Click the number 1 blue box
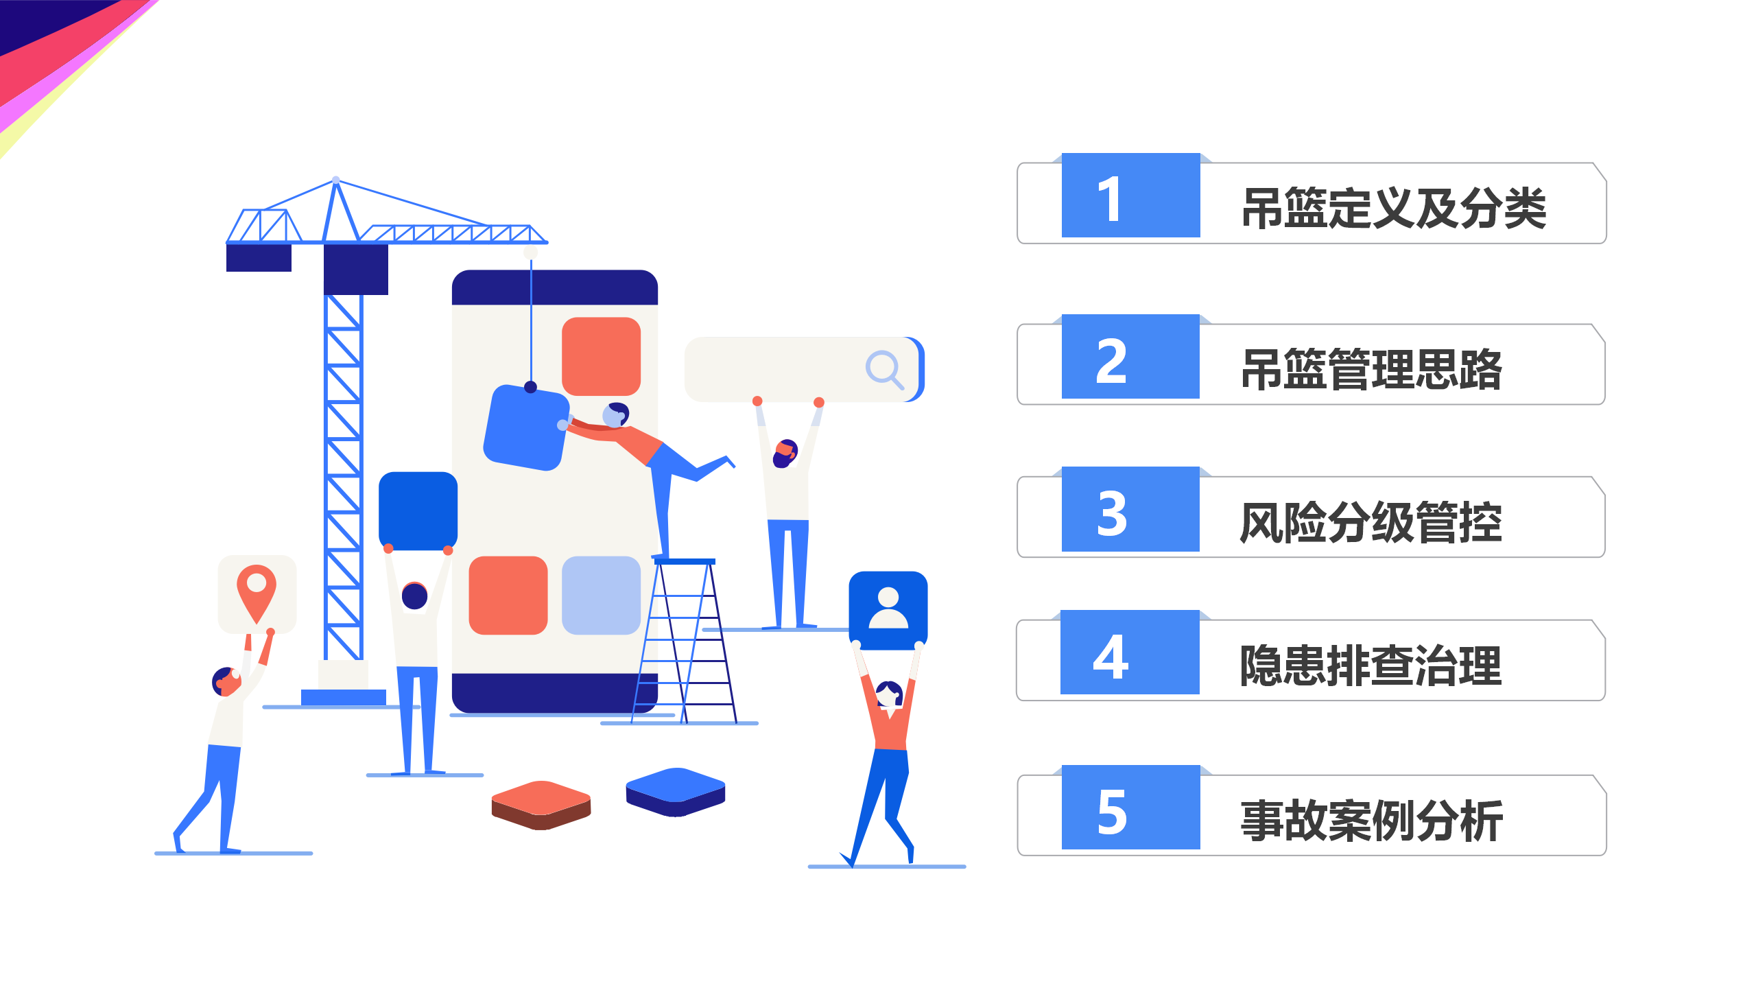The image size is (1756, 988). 1130,196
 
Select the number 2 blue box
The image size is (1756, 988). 1130,357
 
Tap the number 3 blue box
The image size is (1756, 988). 1130,509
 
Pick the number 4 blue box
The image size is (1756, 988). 1130,652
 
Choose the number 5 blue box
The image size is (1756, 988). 1130,808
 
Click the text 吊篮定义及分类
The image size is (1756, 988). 1394,208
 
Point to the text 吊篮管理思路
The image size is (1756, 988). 1372,369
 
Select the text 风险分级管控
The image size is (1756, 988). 1372,522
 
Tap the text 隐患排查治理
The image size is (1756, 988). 1372,666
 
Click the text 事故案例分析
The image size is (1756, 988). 1372,821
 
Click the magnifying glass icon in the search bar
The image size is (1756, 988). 884,369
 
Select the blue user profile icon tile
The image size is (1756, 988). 888,610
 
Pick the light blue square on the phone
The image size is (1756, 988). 601,595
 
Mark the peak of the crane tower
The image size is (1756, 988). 335,181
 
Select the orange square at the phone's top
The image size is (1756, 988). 601,356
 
